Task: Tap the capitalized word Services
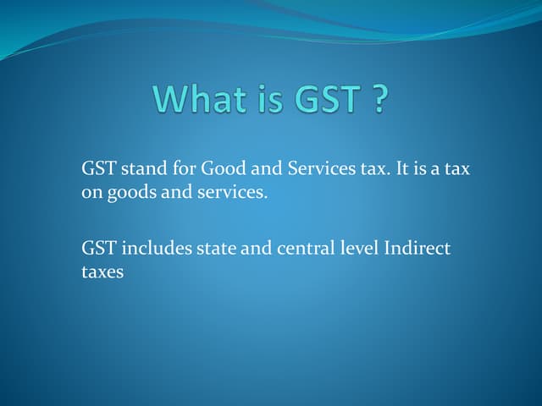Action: tap(318, 169)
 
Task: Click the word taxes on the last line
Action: tap(102, 272)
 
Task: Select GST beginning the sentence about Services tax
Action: tap(98, 169)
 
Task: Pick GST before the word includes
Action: tap(98, 249)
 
